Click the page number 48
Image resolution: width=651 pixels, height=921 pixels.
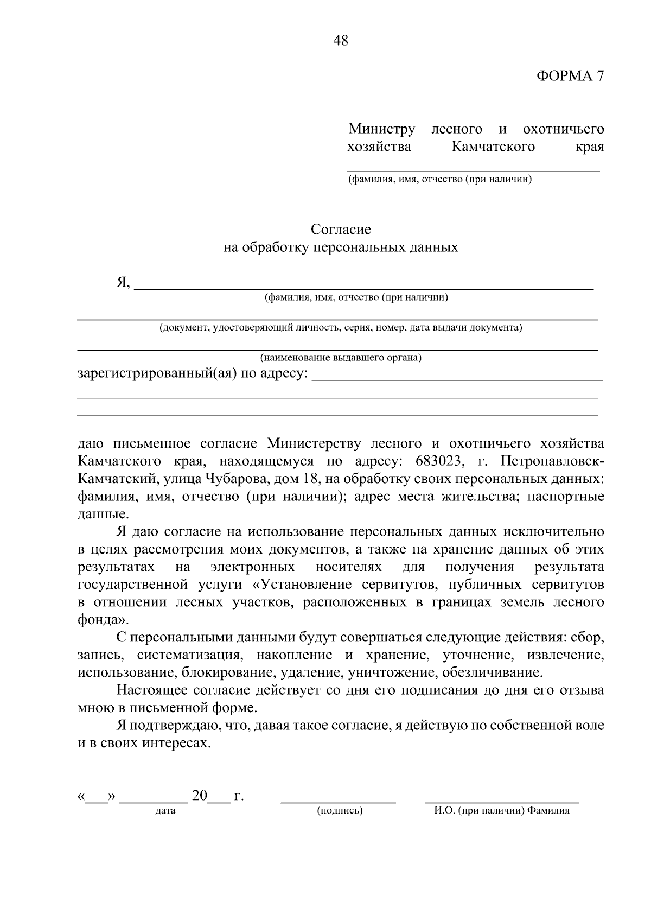click(341, 41)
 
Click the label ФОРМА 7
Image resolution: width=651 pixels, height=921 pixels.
click(570, 76)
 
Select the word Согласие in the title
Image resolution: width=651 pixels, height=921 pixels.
click(341, 230)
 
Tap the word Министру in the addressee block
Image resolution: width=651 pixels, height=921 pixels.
click(381, 129)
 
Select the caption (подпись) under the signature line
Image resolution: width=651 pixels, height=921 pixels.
click(340, 811)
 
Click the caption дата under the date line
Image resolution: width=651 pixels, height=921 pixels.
click(165, 811)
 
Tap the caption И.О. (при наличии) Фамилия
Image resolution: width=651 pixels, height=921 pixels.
click(502, 811)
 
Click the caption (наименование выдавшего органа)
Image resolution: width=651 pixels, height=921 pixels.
click(341, 358)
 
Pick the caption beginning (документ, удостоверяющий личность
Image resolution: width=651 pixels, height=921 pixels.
click(341, 328)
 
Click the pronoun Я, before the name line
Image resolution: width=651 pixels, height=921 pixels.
click(123, 283)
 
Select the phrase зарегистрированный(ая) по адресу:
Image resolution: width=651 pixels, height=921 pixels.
click(193, 374)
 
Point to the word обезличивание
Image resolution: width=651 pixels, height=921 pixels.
click(492, 673)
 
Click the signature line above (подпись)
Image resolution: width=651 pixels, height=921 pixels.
click(338, 801)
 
